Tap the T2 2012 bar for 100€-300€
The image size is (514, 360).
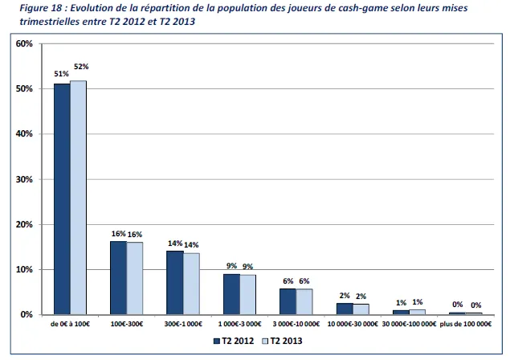pos(118,277)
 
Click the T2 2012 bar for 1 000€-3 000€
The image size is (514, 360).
pos(231,294)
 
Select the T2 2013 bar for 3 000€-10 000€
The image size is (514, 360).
pos(304,301)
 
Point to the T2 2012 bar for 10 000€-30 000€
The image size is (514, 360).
pos(345,309)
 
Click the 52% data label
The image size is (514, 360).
pos(80,67)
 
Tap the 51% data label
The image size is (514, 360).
pos(61,73)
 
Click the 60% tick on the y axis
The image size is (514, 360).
pos(23,43)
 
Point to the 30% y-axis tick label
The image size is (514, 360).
pos(23,179)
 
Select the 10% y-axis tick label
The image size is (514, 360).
pos(23,270)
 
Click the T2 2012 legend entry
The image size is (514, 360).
pos(232,342)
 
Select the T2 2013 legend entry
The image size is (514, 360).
pos(282,342)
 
